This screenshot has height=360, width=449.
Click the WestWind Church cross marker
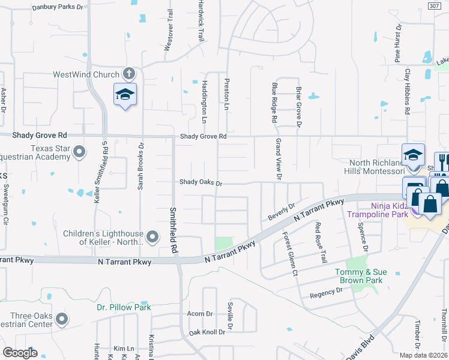click(x=128, y=73)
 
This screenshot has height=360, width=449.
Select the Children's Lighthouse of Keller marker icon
click(x=152, y=238)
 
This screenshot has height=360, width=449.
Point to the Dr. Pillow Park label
click(x=124, y=307)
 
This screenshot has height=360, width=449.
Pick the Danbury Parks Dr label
click(x=58, y=7)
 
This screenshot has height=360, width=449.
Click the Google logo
click(x=20, y=352)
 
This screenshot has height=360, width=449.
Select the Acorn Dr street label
click(x=200, y=314)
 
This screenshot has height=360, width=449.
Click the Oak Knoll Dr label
click(x=206, y=332)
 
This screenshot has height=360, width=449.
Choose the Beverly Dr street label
click(x=282, y=212)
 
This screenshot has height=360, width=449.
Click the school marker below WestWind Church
click(x=125, y=94)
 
